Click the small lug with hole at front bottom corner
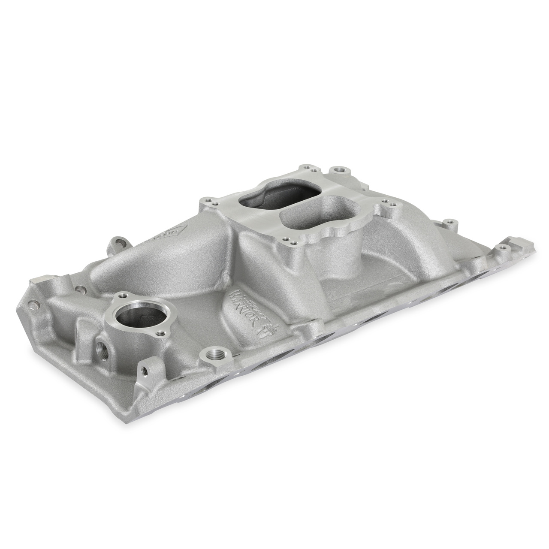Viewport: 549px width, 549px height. click(x=144, y=370)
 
